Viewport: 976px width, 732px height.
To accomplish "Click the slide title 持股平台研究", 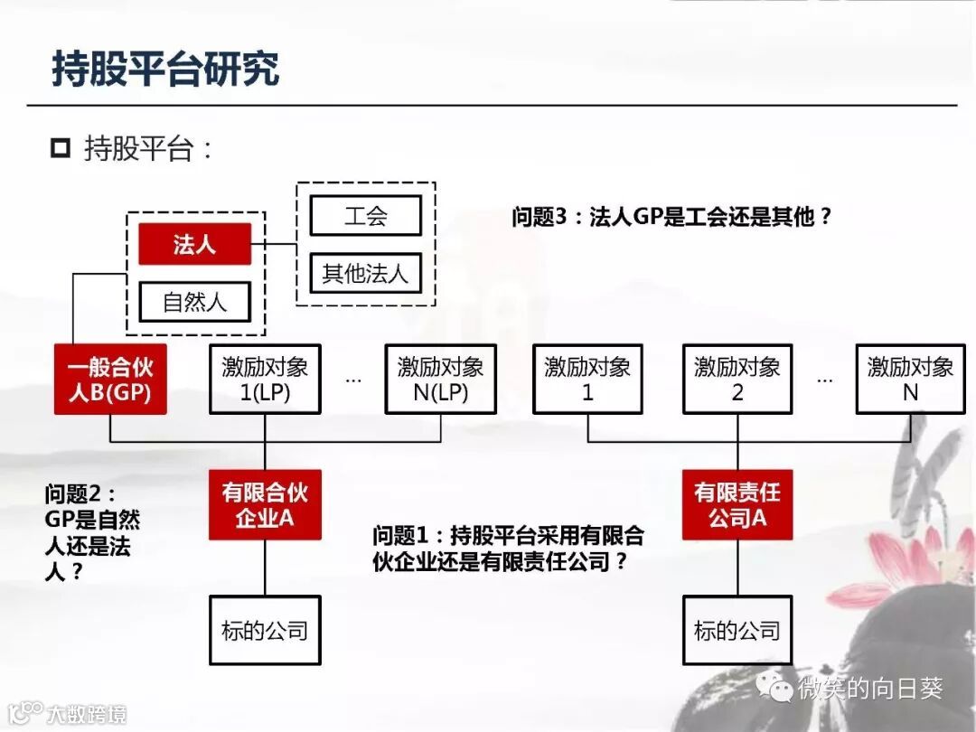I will (x=165, y=70).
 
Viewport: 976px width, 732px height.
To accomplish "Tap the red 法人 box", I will (x=194, y=244).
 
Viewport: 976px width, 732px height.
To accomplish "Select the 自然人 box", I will (x=194, y=302).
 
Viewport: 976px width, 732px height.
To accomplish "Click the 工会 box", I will (x=365, y=216).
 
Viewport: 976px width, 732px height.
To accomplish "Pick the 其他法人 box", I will (x=365, y=273).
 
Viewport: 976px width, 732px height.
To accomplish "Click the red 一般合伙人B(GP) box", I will (x=110, y=380).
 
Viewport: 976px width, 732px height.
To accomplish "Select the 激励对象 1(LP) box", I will (x=265, y=380).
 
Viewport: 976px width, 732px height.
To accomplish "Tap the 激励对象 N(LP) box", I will (x=440, y=380).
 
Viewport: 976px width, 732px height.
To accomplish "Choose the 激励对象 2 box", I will (x=737, y=380).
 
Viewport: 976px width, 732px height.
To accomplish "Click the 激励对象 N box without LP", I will (x=910, y=380).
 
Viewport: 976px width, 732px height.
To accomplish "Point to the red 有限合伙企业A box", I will (x=265, y=505).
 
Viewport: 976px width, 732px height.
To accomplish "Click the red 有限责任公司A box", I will (x=737, y=505).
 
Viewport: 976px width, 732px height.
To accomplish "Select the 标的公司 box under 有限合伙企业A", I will (x=265, y=630).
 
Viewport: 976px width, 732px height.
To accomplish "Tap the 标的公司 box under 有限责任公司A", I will (x=737, y=630).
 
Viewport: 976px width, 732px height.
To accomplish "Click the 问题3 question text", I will (x=671, y=217).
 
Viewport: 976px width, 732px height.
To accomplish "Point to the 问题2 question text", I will (x=92, y=533).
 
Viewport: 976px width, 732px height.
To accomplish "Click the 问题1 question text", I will (x=508, y=548).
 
